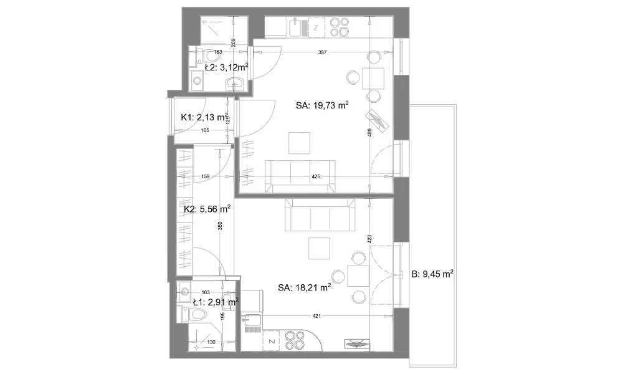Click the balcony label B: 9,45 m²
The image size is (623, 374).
(433, 274)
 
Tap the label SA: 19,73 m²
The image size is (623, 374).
(322, 105)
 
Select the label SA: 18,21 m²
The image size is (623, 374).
(305, 287)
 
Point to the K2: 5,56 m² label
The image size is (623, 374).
(207, 209)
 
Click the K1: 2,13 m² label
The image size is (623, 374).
(204, 117)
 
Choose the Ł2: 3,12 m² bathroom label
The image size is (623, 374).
(227, 67)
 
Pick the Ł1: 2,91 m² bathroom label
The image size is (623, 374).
(216, 302)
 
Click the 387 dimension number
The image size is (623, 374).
(322, 52)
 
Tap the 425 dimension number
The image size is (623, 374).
(316, 176)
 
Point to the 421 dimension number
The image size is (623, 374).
(316, 316)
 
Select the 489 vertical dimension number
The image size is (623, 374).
(369, 132)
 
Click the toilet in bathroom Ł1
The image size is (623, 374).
(194, 314)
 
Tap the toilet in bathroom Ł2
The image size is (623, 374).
(207, 55)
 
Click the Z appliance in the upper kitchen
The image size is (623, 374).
(316, 27)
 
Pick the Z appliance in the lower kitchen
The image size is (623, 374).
(272, 342)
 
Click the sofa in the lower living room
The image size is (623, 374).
(320, 215)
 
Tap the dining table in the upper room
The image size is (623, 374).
(373, 79)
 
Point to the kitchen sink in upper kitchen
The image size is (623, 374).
(295, 27)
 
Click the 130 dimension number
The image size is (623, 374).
(211, 342)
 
